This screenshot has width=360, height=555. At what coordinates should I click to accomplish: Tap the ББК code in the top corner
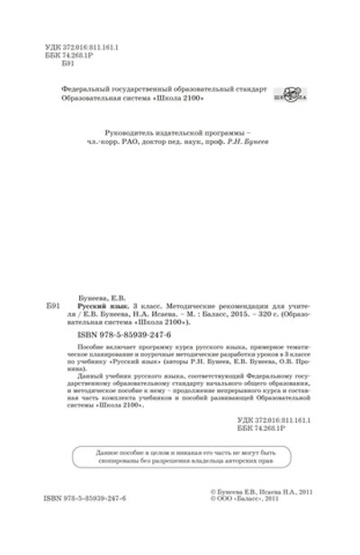71,55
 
